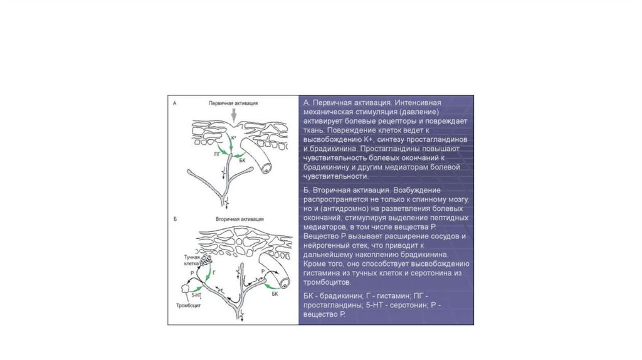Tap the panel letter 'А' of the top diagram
pyautogui.click(x=174, y=102)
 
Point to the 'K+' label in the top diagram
pyautogui.click(x=234, y=137)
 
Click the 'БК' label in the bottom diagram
pyautogui.click(x=273, y=293)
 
